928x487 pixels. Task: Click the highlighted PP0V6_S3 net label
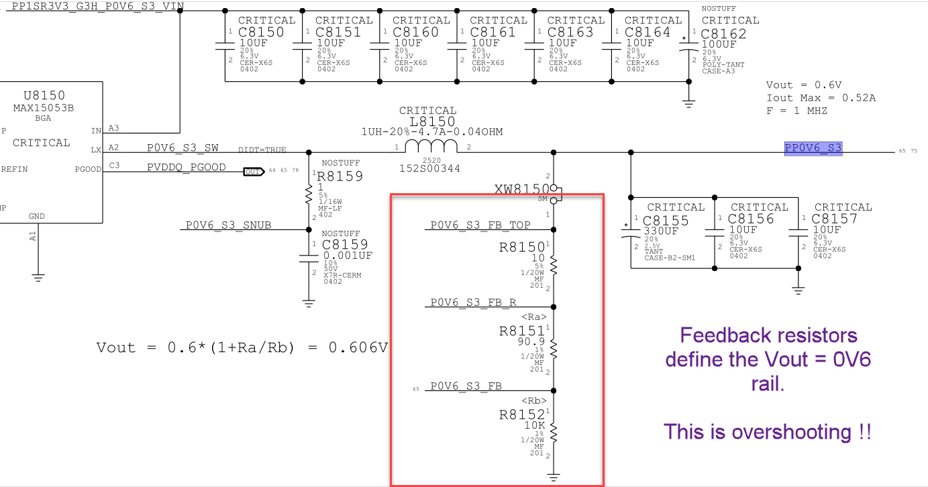coord(813,148)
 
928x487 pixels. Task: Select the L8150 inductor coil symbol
coord(431,146)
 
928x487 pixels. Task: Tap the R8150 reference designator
coord(521,248)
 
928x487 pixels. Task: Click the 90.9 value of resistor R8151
coord(531,341)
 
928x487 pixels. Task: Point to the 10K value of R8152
coord(534,425)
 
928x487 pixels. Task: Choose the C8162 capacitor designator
coord(723,34)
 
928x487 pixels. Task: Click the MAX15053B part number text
coord(44,108)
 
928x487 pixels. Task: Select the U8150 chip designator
coord(44,96)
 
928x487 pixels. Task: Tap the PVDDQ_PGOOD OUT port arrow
coord(254,172)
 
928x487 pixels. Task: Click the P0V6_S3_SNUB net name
coord(228,225)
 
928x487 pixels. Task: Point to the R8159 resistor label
coord(340,176)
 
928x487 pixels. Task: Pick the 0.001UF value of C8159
coord(348,256)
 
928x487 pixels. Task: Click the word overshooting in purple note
coord(791,432)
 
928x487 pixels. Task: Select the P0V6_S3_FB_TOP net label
coord(480,225)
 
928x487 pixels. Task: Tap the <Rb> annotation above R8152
coord(534,401)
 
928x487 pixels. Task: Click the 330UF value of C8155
coord(661,231)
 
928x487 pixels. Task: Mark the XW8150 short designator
coord(522,189)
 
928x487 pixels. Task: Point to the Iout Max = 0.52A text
coord(821,98)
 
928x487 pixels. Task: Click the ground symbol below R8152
coord(554,478)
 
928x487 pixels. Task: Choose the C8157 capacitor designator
coord(834,219)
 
